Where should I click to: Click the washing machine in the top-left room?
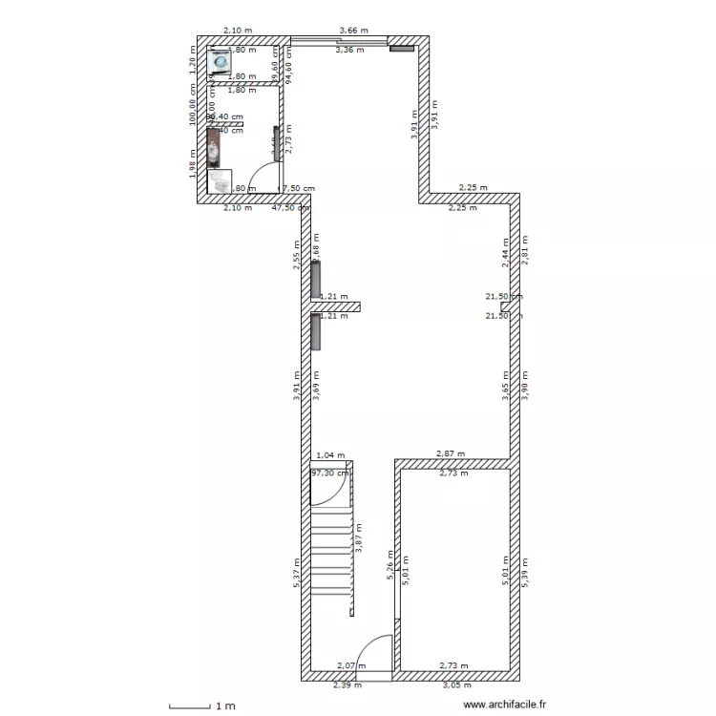(x=221, y=62)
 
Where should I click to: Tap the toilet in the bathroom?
(x=220, y=179)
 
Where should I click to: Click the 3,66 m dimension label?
(x=353, y=32)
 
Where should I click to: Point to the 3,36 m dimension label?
(x=349, y=50)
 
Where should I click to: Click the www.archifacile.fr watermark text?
(x=504, y=705)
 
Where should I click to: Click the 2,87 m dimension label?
(x=451, y=454)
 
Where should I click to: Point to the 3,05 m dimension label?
(x=454, y=684)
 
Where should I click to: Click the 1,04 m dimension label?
(x=330, y=456)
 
